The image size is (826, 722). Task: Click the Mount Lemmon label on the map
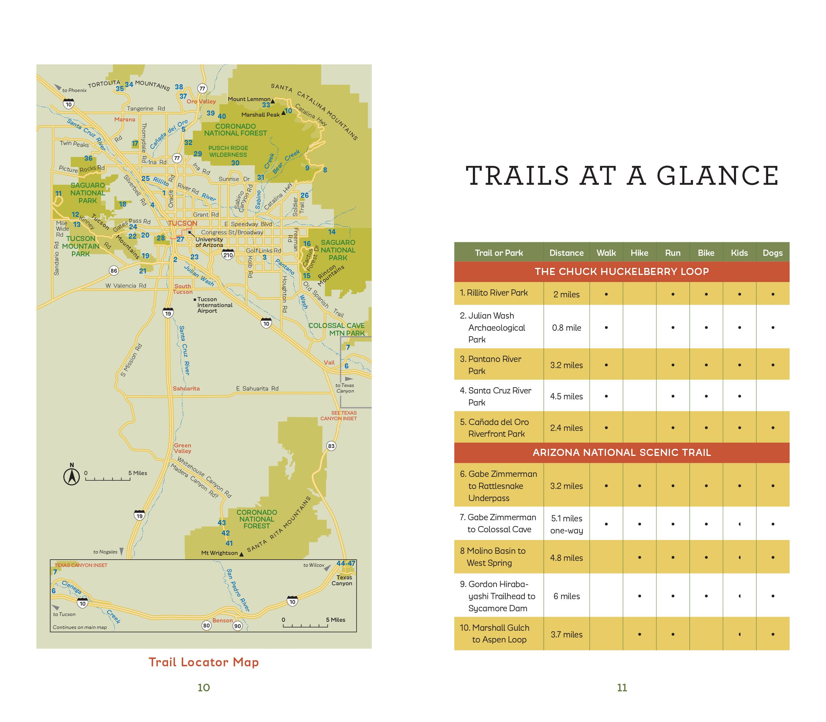point(249,99)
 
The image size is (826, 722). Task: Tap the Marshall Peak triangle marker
point(283,113)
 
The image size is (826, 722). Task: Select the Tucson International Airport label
point(214,305)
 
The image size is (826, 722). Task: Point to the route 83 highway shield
point(331,446)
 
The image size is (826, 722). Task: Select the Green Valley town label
point(182,448)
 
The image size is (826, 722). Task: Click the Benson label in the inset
point(222,620)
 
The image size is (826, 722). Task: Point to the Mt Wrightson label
point(219,553)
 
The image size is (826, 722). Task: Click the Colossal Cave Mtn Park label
point(336,329)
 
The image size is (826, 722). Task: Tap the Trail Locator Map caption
point(204,662)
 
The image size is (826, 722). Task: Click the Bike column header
point(706,253)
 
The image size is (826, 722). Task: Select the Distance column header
point(566,253)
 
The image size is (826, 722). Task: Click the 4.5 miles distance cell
point(566,396)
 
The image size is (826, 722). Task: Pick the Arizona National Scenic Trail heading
point(622,452)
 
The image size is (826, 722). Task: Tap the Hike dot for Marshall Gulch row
point(640,634)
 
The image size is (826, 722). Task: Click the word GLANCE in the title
point(718,176)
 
